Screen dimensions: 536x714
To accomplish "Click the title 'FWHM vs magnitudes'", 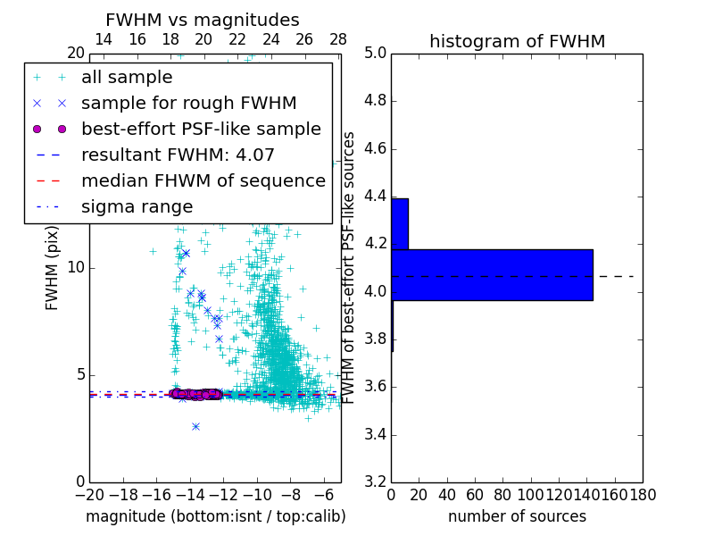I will [202, 20].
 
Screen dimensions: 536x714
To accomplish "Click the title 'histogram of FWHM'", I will [517, 41].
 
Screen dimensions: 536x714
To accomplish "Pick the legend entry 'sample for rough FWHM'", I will [188, 103].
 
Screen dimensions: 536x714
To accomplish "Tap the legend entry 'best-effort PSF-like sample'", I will [201, 129].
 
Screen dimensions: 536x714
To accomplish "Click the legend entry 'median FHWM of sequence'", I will [203, 180].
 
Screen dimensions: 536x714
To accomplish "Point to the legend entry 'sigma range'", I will [137, 206].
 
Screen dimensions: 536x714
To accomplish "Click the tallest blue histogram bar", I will [492, 274].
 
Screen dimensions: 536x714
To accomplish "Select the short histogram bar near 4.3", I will [400, 223].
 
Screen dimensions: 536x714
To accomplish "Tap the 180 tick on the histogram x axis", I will [643, 494].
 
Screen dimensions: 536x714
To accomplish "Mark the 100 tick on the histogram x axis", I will [531, 494].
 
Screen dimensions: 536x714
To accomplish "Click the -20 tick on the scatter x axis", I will [89, 494].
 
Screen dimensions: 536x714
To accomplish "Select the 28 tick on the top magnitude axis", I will [338, 39].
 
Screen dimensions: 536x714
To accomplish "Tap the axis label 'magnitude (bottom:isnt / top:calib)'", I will [215, 516].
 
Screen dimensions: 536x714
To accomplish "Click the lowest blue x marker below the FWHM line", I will [195, 426].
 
